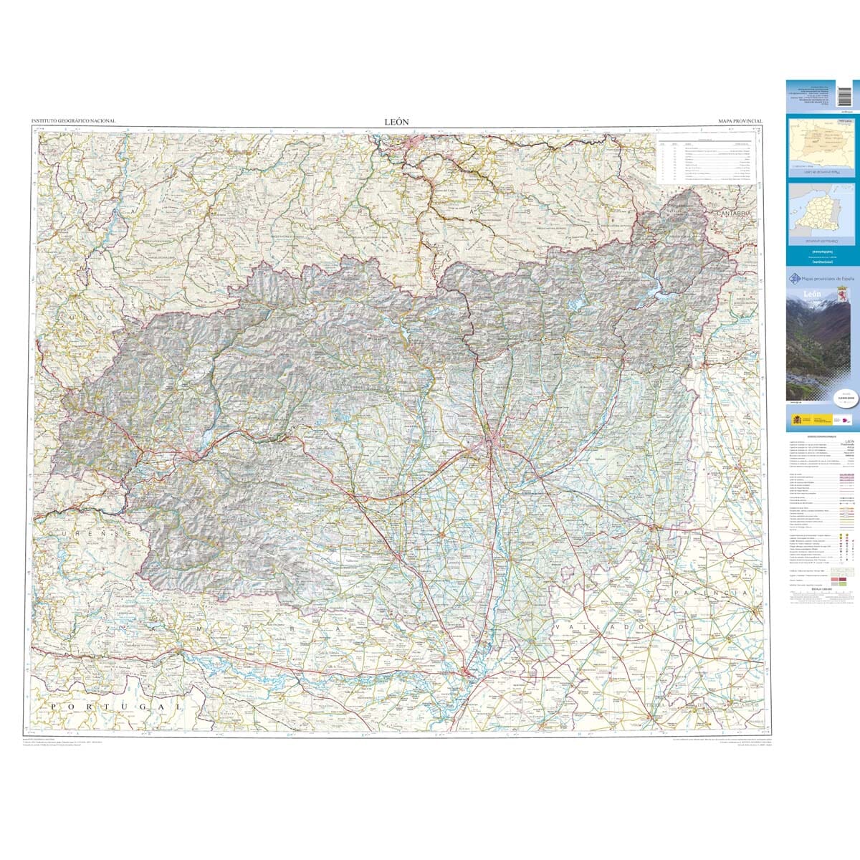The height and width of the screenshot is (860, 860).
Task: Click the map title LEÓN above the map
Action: coord(396,122)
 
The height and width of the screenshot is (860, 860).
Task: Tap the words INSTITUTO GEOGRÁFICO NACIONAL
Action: coord(73,122)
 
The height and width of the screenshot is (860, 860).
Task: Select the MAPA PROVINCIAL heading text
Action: coord(740,123)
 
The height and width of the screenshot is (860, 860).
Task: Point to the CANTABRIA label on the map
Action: coord(732,213)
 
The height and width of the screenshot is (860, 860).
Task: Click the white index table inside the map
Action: coord(706,158)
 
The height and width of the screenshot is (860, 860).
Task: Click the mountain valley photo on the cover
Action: coord(822,351)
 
